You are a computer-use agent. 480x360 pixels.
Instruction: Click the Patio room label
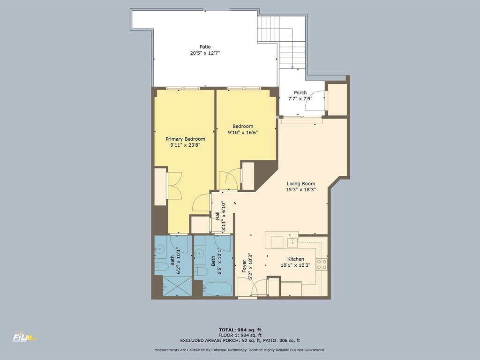pos(205,47)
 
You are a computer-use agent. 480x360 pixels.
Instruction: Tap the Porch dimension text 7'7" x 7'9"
pos(300,99)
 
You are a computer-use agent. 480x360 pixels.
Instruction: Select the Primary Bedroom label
pos(185,139)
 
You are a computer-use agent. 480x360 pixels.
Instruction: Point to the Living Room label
pos(300,184)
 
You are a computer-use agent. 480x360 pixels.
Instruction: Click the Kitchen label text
pos(295,259)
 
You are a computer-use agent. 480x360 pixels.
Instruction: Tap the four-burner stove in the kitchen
pos(322,264)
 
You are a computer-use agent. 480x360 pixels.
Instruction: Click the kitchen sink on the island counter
pos(292,241)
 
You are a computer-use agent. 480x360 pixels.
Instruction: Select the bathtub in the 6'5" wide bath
pos(217,288)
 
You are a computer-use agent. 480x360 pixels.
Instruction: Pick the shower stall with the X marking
pos(177,286)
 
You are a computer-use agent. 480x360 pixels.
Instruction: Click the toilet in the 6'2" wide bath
pos(162,267)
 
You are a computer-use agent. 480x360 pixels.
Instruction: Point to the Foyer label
pos(244,266)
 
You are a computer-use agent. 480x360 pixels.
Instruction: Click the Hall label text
pos(217,215)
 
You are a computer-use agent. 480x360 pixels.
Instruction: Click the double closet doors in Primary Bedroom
pos(174,186)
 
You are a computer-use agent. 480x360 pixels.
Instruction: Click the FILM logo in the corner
pos(24,337)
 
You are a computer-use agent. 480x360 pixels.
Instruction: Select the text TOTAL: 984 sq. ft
pos(240,330)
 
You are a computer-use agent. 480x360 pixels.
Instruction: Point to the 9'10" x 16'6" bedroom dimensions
pos(243,132)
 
